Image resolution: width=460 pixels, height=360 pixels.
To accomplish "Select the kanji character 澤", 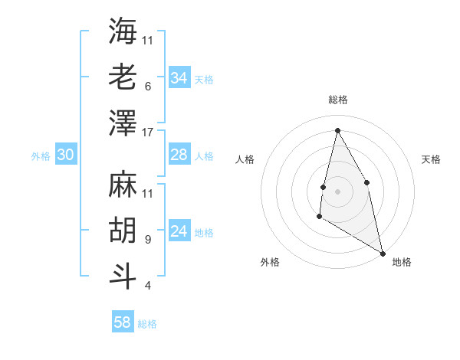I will [123, 123].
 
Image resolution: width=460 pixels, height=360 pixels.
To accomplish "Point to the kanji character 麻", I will [123, 184].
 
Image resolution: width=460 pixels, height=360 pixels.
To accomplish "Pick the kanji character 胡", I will [123, 230].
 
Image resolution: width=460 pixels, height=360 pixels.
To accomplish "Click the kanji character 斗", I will [123, 276].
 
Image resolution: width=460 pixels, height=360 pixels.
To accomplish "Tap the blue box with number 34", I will [179, 78].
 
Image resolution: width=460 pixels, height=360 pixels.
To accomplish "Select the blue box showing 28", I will [179, 155].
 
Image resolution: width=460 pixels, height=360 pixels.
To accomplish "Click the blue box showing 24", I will [179, 232].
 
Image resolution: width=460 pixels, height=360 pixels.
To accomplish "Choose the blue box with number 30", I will [66, 155].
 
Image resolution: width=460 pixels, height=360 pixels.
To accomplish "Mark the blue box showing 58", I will [123, 322].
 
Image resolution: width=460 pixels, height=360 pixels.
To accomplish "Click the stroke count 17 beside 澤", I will [148, 132].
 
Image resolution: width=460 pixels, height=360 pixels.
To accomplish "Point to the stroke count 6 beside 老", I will [148, 86].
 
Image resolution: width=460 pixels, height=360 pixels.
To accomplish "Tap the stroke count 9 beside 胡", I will [148, 239].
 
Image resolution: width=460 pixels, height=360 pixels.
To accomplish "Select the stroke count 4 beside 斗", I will [148, 286].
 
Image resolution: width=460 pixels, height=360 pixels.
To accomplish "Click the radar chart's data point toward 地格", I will [383, 253].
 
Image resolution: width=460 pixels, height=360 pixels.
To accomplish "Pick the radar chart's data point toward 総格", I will [337, 130].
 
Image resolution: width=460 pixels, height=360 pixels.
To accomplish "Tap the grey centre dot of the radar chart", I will [337, 191].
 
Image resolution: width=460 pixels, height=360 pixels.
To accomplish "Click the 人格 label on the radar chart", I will [245, 159].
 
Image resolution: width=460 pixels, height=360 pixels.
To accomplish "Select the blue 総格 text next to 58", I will [148, 324].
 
